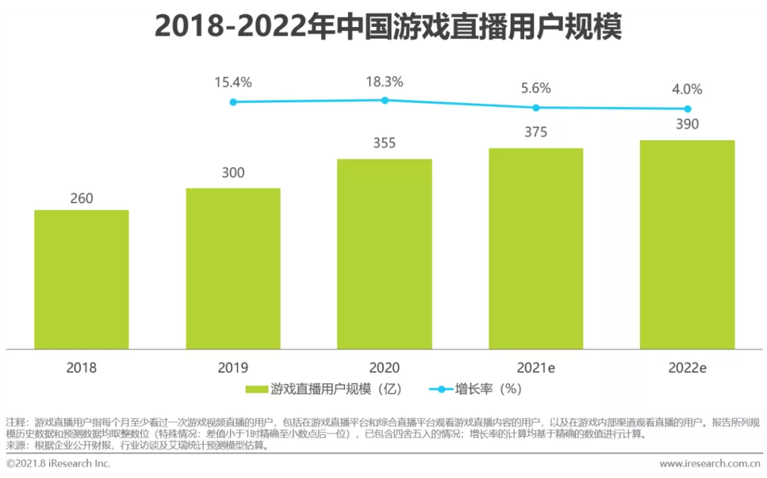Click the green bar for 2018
tap(82, 279)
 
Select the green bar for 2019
tap(233, 268)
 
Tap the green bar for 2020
tap(384, 254)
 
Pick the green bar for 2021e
tap(535, 249)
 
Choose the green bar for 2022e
tap(687, 244)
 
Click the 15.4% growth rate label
tap(233, 82)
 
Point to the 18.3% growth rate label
tap(384, 82)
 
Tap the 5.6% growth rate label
tap(535, 89)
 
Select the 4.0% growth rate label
tap(687, 89)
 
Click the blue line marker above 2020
tap(385, 100)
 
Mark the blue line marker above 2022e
tap(687, 109)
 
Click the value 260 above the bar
tap(82, 199)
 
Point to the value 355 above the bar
tap(384, 143)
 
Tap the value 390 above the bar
tap(687, 124)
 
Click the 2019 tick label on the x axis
tap(233, 368)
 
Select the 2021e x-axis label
tap(535, 368)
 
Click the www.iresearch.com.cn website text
tap(709, 464)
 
